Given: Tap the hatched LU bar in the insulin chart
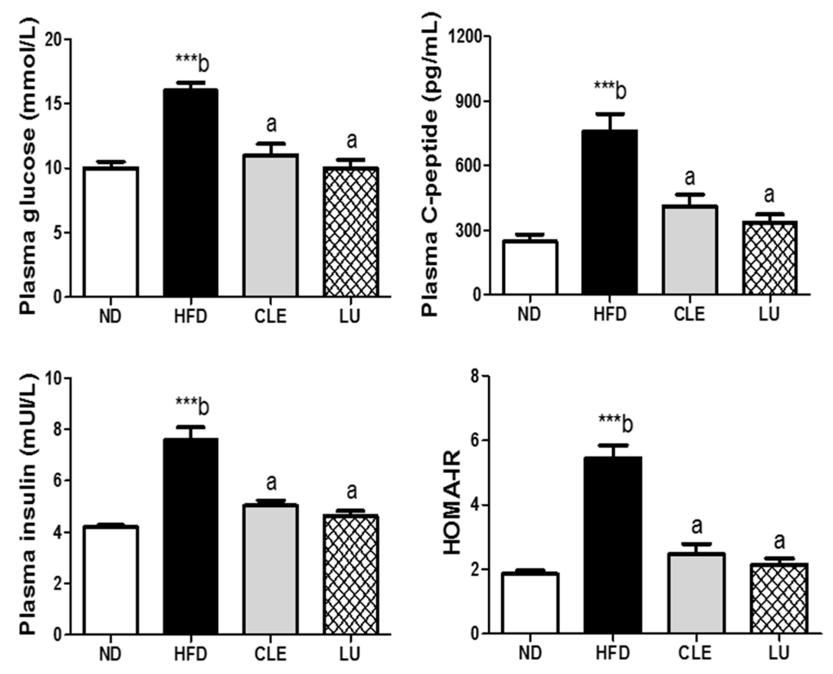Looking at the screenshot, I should (351, 575).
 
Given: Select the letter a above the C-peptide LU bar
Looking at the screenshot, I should (769, 194).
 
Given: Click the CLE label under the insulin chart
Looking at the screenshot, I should (270, 654).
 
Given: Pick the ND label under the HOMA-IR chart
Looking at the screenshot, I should (530, 652).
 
